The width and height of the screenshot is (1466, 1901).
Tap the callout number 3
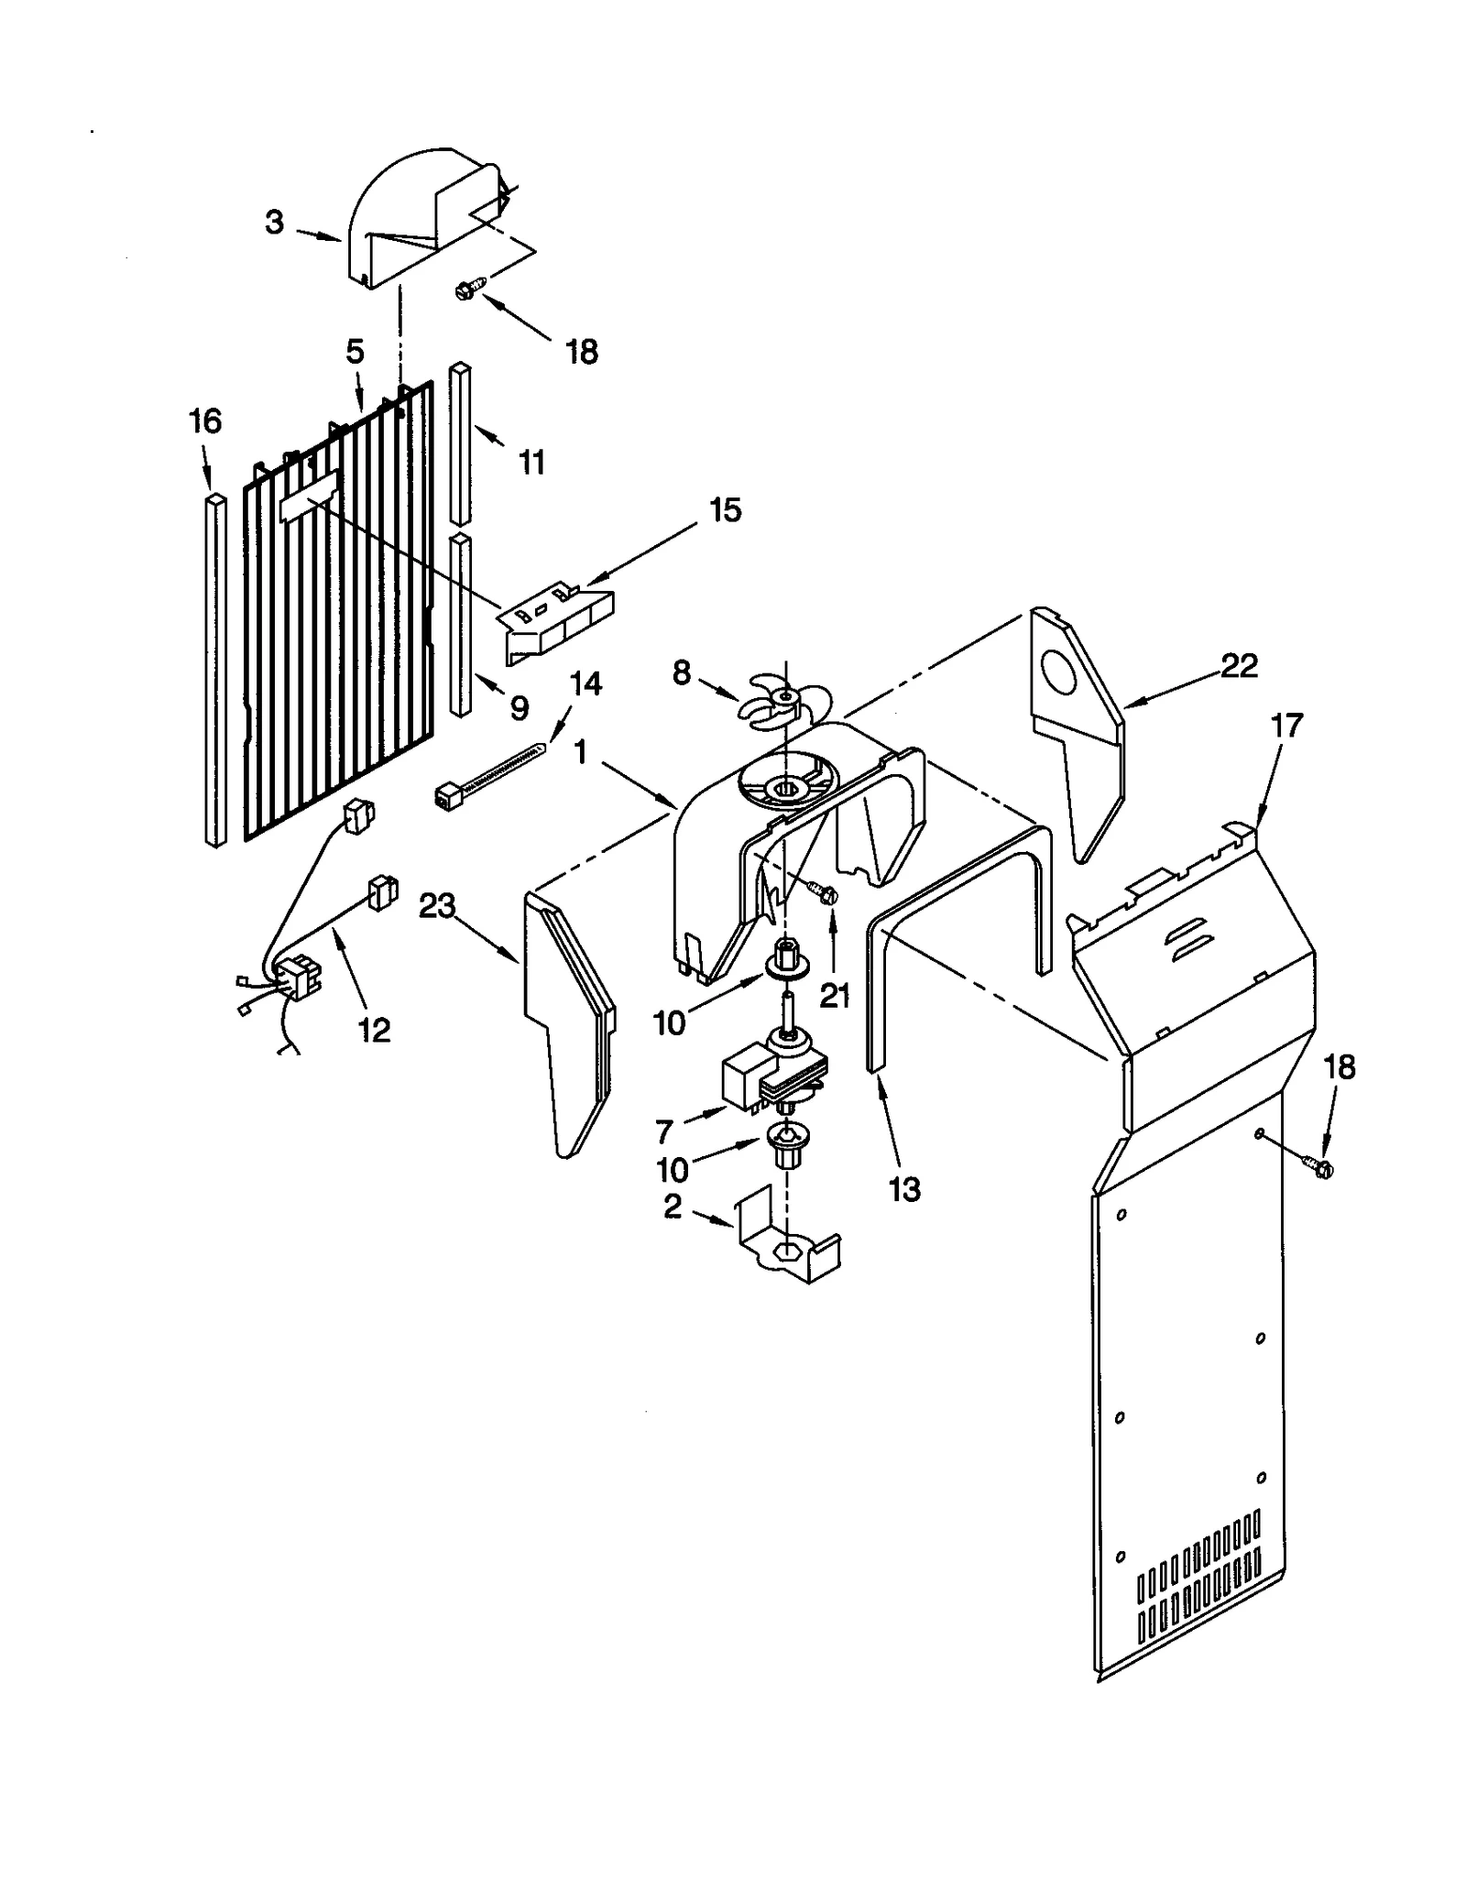click(x=274, y=223)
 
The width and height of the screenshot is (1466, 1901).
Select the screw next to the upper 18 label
click(x=464, y=291)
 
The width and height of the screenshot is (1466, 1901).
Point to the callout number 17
click(x=1286, y=726)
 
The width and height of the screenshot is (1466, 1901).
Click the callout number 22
click(x=1239, y=666)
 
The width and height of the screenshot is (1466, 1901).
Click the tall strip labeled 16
click(x=215, y=669)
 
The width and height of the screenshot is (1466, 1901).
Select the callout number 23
click(x=437, y=906)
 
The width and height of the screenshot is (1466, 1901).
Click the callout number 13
click(x=904, y=1190)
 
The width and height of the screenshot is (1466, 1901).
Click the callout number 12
click(x=374, y=1031)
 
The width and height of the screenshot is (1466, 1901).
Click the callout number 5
click(x=355, y=352)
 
